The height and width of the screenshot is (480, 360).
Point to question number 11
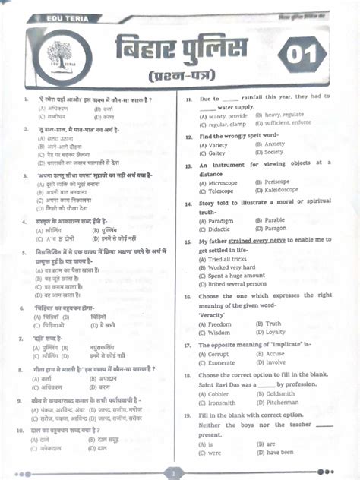coord(188,99)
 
